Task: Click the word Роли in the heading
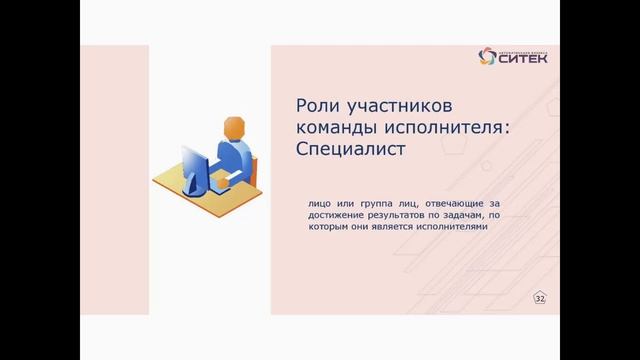[318, 106]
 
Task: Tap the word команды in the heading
[337, 128]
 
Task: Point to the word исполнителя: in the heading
[439, 128]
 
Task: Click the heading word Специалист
[355, 150]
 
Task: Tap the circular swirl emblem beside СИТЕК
[487, 55]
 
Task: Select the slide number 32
[540, 299]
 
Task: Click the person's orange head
[233, 129]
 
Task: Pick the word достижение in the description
[336, 215]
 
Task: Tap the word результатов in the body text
[405, 215]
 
